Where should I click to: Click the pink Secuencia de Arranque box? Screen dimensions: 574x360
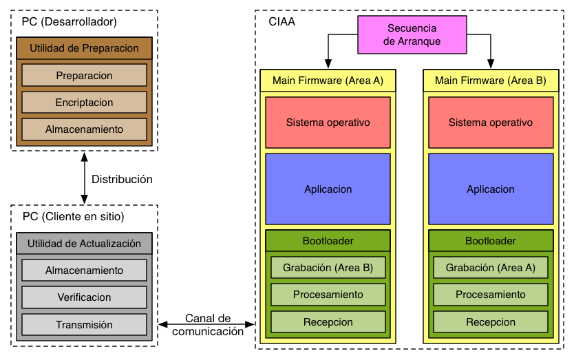(x=412, y=35)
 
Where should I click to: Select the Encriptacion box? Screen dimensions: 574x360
(x=84, y=102)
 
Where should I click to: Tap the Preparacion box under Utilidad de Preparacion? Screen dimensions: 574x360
(x=84, y=76)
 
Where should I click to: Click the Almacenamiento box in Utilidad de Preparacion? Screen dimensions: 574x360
(x=84, y=129)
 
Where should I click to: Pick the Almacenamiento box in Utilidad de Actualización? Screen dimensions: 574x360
(x=84, y=271)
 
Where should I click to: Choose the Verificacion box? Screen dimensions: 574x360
(x=84, y=297)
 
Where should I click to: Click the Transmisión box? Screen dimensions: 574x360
(x=84, y=324)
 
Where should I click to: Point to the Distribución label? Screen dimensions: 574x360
(x=122, y=179)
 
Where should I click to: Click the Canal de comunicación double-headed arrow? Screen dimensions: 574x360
(x=206, y=324)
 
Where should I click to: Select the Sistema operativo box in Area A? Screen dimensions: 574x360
(x=328, y=123)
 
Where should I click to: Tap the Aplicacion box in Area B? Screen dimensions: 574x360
(x=491, y=189)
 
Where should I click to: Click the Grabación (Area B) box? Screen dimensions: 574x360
(x=328, y=268)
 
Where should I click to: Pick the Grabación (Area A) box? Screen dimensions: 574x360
(x=491, y=268)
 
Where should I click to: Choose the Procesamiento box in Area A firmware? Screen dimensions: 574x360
(x=328, y=295)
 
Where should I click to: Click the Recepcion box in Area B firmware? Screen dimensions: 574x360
(x=491, y=322)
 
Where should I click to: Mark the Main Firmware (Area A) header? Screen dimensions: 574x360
(x=328, y=81)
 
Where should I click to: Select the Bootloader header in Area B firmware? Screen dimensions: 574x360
(x=491, y=241)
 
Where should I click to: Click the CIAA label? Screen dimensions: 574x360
(x=282, y=21)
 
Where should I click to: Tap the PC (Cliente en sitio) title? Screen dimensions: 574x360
(x=73, y=216)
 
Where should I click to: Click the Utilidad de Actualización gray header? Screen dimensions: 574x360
(x=84, y=243)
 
